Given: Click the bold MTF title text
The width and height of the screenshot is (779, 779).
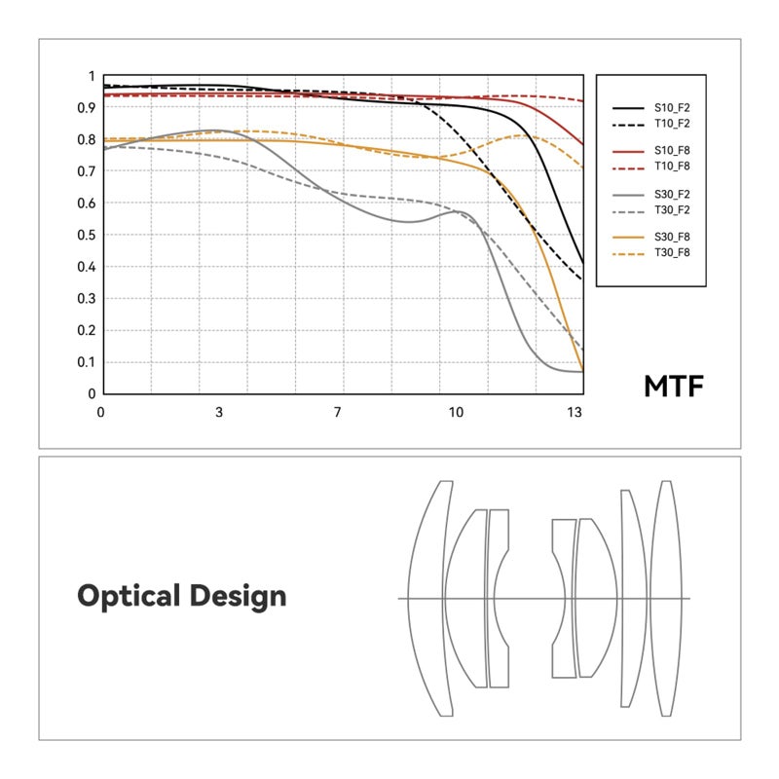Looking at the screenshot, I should coord(673,387).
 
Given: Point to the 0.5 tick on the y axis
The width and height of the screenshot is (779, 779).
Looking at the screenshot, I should coord(87,235).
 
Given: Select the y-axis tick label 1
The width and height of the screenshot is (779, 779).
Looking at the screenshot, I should coord(92,76).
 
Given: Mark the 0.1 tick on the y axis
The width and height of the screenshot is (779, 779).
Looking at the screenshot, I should coord(87,362).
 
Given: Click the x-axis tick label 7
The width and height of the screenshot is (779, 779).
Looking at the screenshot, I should coord(337,412).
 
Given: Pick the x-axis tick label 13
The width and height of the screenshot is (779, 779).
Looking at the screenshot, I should coord(576,412).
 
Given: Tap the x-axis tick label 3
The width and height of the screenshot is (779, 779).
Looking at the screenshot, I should coord(219,412).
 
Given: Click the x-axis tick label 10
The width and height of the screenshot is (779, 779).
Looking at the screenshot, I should coord(456,412).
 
